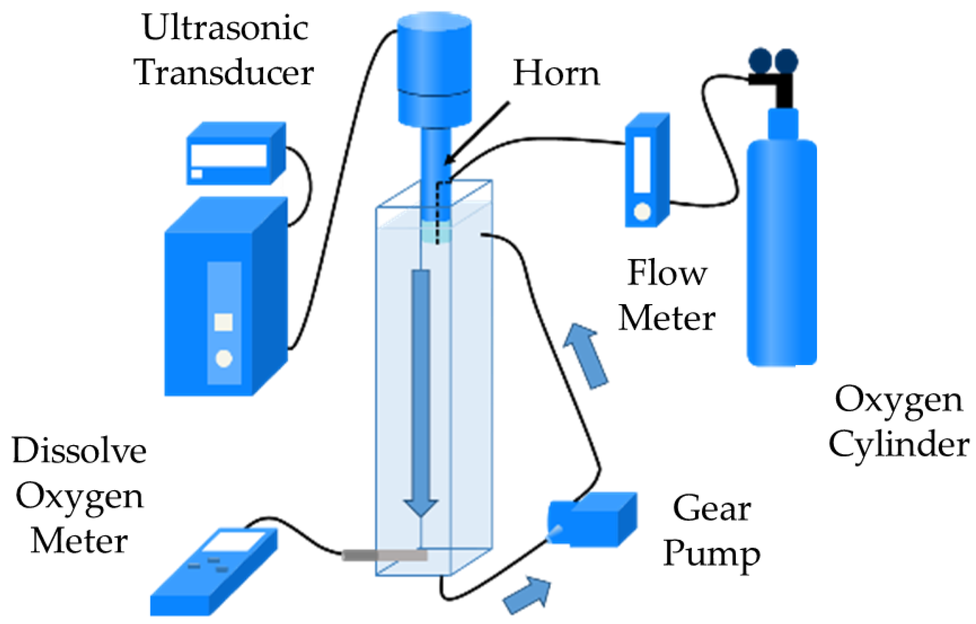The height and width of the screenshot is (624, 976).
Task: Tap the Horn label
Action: tap(556, 73)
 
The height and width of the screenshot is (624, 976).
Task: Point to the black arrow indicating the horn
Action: tap(478, 132)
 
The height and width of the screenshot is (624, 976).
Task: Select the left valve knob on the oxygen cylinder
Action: tap(760, 60)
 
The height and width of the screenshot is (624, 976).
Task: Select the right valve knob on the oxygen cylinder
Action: tap(786, 60)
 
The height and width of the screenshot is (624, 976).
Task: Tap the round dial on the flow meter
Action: tap(642, 211)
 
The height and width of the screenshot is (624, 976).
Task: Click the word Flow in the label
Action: tap(667, 274)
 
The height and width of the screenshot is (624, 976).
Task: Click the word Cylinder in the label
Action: tap(898, 445)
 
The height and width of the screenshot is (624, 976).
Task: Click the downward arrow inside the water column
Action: tap(420, 391)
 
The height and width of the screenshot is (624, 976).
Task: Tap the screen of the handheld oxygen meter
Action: tap(233, 542)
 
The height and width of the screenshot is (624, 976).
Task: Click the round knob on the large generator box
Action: tap(224, 358)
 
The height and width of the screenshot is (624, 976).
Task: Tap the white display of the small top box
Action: tap(228, 155)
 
